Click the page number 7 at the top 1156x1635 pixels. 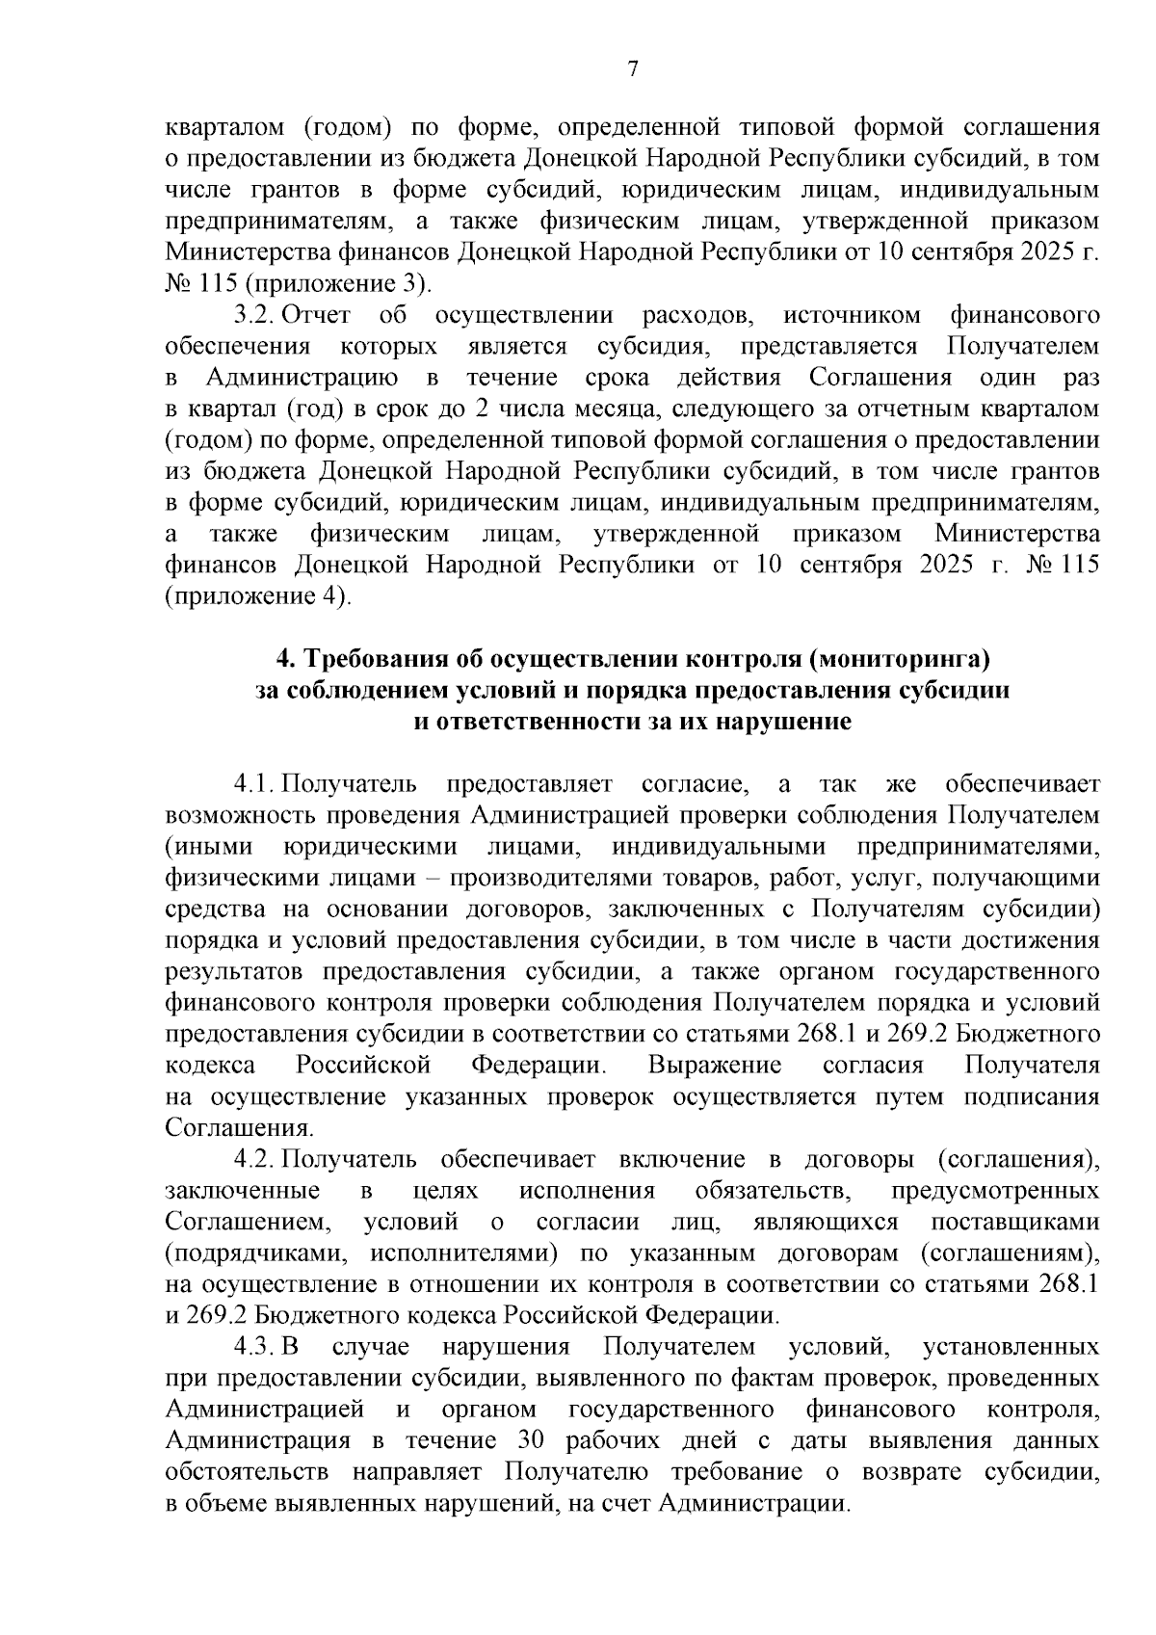pos(632,67)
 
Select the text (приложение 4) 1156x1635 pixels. pos(258,596)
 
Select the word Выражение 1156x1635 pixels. pos(714,1066)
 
